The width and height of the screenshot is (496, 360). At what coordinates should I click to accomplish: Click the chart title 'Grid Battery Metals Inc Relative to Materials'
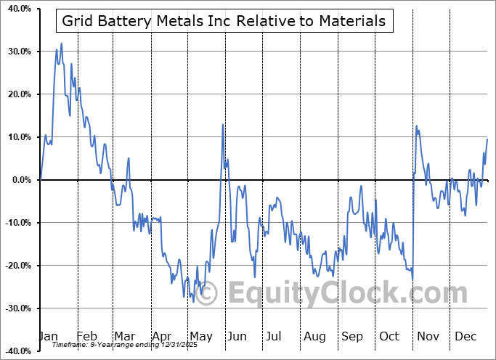[224, 21]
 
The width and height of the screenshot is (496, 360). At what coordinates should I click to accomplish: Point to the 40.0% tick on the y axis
[18, 9]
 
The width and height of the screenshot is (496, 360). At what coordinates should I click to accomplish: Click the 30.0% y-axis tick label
[18, 52]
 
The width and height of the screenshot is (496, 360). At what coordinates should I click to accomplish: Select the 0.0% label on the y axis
[20, 180]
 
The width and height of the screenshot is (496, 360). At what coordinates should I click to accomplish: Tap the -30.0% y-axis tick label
[17, 308]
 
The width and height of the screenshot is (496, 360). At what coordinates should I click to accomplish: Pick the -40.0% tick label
[17, 351]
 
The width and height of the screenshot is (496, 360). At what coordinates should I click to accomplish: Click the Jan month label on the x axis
[48, 337]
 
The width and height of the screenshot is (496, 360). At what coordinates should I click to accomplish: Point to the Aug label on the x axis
[314, 337]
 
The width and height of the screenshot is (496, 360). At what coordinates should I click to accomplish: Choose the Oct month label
[389, 337]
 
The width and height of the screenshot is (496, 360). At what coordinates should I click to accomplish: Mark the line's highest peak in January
[61, 44]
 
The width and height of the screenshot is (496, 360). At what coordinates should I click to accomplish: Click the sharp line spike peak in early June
[222, 125]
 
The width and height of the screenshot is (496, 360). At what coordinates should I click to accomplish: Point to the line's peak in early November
[417, 126]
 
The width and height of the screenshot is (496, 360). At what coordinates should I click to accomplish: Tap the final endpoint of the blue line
[487, 139]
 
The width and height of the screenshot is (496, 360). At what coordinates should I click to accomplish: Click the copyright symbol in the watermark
[206, 294]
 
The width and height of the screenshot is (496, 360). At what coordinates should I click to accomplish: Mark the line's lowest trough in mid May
[192, 298]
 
